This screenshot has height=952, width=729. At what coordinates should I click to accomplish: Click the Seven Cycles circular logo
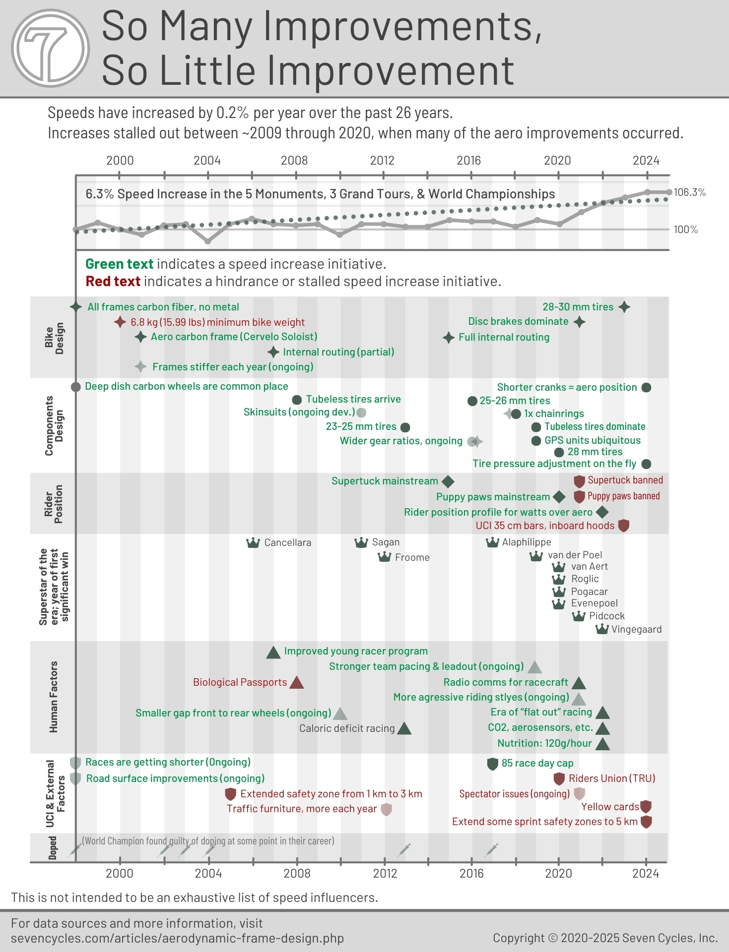(x=50, y=49)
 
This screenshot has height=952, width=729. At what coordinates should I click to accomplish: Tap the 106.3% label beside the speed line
(x=689, y=192)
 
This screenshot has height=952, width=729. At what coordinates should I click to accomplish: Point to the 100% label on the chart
(x=685, y=230)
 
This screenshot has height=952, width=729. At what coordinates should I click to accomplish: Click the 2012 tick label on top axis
(x=382, y=161)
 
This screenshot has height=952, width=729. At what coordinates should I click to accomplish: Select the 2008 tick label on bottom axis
(x=297, y=873)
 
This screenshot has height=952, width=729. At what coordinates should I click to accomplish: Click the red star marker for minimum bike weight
(x=120, y=322)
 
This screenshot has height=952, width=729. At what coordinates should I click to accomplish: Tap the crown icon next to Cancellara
(x=253, y=542)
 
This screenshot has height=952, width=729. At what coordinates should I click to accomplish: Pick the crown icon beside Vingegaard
(x=601, y=629)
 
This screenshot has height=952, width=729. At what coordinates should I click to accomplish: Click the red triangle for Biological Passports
(x=296, y=683)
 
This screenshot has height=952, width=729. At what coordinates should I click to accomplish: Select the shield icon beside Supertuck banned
(x=579, y=481)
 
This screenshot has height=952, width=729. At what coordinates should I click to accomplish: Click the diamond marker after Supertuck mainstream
(x=448, y=481)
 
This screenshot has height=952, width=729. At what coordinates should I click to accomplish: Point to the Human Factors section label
(x=54, y=697)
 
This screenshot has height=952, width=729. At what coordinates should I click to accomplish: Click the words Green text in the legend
(x=119, y=264)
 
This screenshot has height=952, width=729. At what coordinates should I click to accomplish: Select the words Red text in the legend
(x=113, y=281)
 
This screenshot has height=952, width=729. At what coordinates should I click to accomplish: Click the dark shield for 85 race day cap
(x=492, y=764)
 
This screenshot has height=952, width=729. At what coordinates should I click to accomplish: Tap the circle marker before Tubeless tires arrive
(x=297, y=400)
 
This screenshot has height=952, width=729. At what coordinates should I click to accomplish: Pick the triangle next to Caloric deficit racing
(x=404, y=728)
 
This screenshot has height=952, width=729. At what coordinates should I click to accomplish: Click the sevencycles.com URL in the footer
(x=177, y=938)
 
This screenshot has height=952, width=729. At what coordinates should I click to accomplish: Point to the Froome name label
(x=412, y=557)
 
